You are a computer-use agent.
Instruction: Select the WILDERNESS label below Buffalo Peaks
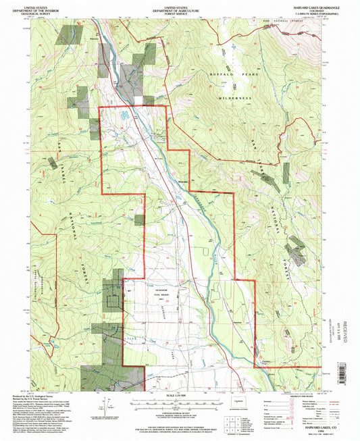tap(235, 97)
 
